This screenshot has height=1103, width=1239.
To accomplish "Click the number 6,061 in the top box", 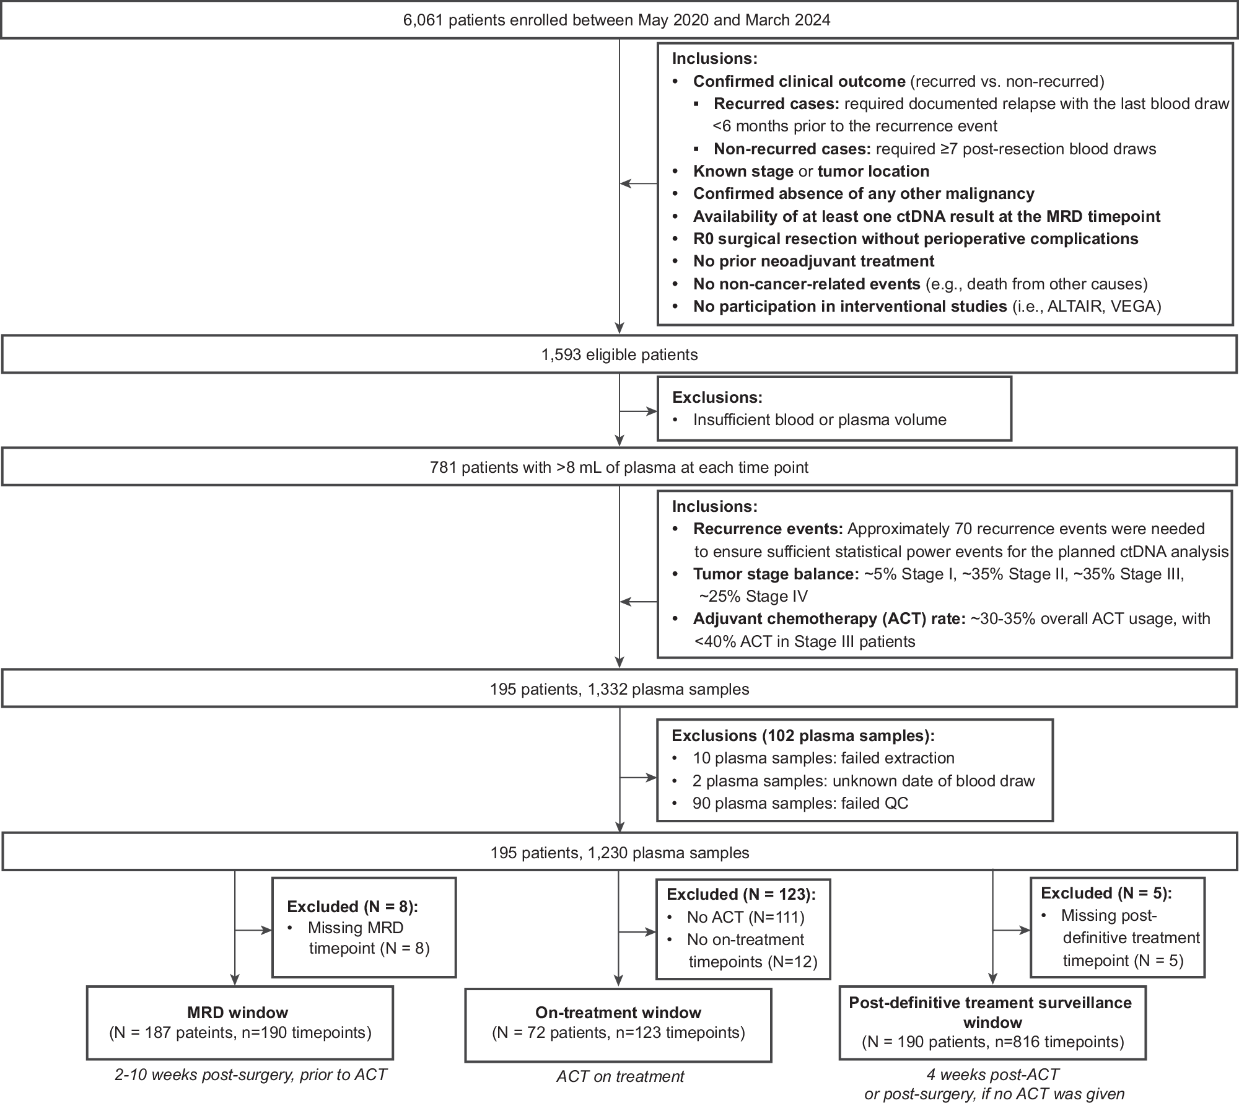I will click(x=423, y=20).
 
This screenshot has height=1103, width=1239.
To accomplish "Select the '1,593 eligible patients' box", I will click(x=619, y=354).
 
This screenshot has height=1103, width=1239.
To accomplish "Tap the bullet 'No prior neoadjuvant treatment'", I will click(x=813, y=261).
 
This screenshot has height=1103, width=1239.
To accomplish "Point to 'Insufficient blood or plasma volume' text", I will click(x=820, y=420).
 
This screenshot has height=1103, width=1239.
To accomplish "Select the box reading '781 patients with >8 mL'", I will click(x=619, y=467).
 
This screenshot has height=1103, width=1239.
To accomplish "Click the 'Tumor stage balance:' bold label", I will click(x=774, y=574).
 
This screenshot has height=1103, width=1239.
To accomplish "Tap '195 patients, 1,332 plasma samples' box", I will click(x=619, y=689).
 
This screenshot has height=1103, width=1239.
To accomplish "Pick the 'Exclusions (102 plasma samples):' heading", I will click(x=803, y=736).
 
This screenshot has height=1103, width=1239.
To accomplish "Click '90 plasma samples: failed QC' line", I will click(x=800, y=803).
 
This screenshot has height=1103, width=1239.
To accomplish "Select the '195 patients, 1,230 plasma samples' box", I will click(x=619, y=853).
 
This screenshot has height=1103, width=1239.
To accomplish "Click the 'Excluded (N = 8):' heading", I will click(x=352, y=907).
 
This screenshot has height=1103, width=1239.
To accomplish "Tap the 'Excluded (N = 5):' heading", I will click(x=1106, y=893).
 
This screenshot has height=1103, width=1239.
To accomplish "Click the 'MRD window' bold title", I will click(x=238, y=1013).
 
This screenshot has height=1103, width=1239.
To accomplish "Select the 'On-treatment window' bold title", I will click(x=618, y=1013).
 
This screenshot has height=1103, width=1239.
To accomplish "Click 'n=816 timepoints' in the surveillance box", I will click(x=1060, y=1042).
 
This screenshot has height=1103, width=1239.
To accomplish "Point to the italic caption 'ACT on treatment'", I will click(x=620, y=1076).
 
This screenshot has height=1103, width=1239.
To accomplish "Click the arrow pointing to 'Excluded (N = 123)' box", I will click(x=638, y=932).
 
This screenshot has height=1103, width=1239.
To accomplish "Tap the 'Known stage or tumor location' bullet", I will click(x=811, y=171).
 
